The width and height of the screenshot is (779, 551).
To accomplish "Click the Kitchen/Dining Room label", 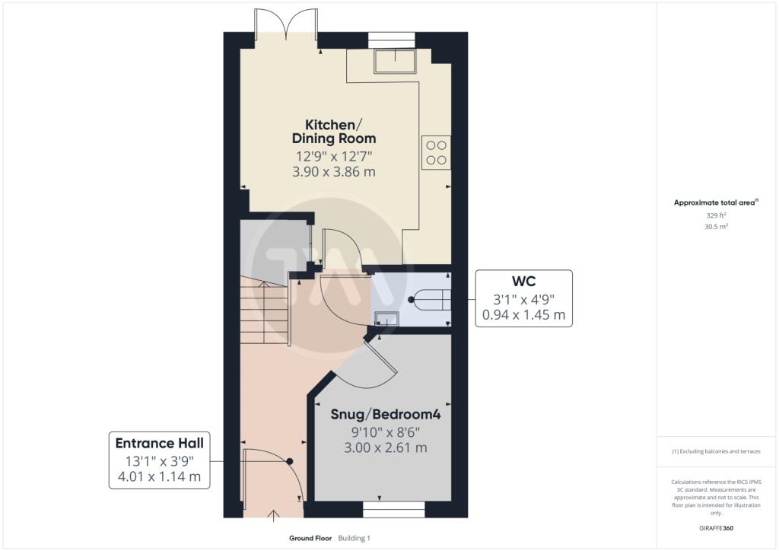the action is [334, 131].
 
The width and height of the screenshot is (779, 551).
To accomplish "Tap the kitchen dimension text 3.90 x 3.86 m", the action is [334, 172].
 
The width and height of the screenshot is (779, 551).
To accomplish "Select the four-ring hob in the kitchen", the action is [436, 152].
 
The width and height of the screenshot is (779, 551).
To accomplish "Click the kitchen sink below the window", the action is [395, 61].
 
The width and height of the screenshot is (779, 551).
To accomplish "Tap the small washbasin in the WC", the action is [386, 318].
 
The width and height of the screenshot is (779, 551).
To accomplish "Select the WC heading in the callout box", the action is [523, 282].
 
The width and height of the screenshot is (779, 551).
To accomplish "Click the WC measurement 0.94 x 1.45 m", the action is [523, 315].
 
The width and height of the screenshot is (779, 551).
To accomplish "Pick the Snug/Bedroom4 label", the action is [386, 414].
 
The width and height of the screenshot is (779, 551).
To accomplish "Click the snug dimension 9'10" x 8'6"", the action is [386, 432].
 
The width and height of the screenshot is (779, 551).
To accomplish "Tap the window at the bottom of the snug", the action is [394, 509].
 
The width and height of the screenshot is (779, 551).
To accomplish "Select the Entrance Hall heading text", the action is [160, 443].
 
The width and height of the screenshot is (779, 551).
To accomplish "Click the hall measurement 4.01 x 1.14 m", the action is [160, 477].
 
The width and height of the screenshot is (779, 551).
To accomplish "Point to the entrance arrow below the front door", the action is [273, 516].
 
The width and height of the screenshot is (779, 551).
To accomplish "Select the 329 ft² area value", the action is [716, 215].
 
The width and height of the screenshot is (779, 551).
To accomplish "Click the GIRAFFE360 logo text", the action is [716, 528].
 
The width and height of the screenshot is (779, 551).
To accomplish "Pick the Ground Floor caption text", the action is [310, 538].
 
